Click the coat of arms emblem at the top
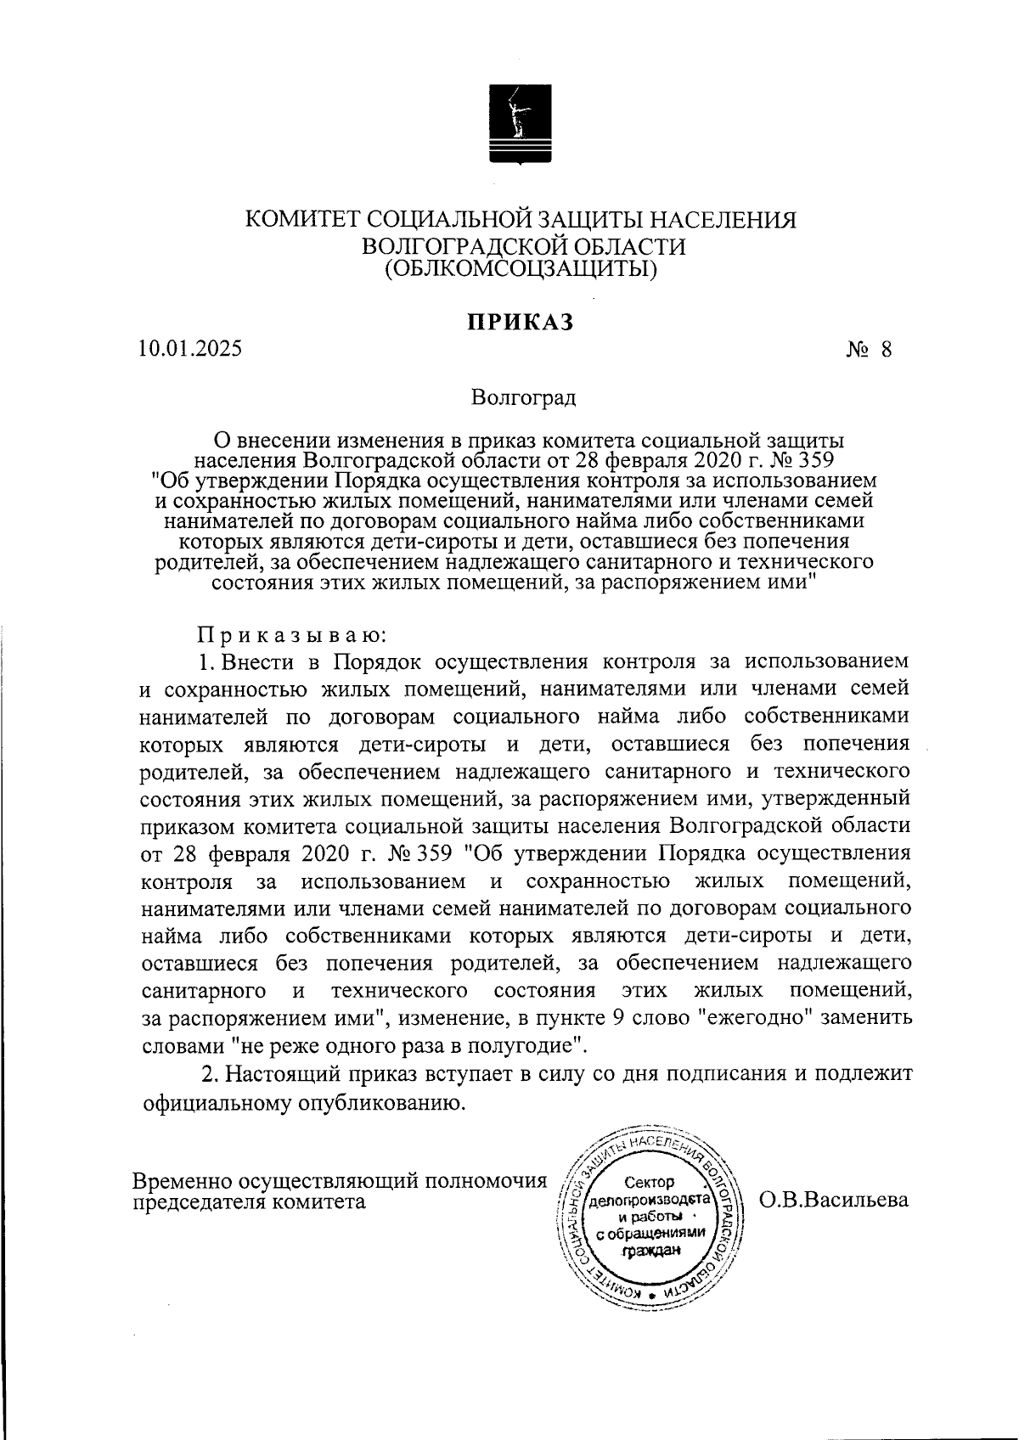coord(521,124)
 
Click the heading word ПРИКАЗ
coord(521,323)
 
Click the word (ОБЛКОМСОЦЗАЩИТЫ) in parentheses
coord(521,269)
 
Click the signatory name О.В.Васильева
coord(834,1200)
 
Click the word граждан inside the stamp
coord(651,1250)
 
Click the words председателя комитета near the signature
coord(250,1201)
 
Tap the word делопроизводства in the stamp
coord(650,1201)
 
